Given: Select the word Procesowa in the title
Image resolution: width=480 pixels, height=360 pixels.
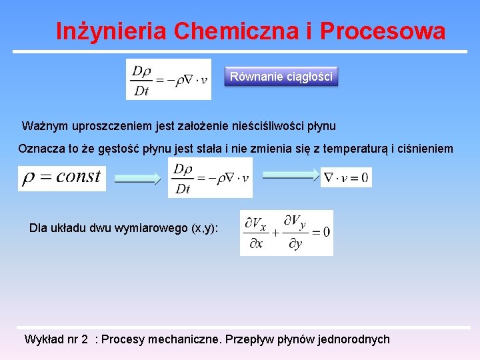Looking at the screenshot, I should click(383, 31).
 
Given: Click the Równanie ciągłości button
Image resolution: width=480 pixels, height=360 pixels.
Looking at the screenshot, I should click(281, 77).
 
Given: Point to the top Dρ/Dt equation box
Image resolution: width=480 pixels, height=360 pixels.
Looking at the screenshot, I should click(169, 79).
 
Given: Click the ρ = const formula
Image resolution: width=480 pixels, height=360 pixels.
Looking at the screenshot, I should click(61, 177).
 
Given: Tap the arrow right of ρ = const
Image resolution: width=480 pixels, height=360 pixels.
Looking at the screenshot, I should click(137, 179).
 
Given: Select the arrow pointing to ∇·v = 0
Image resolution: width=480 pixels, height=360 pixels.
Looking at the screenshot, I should click(290, 176).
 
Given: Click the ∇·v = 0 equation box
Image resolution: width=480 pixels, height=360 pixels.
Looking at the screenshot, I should click(346, 177).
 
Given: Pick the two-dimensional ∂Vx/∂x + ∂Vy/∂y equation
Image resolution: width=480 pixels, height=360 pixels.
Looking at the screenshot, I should click(287, 233).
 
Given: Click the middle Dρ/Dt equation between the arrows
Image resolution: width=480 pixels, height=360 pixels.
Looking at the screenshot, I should click(211, 178).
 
